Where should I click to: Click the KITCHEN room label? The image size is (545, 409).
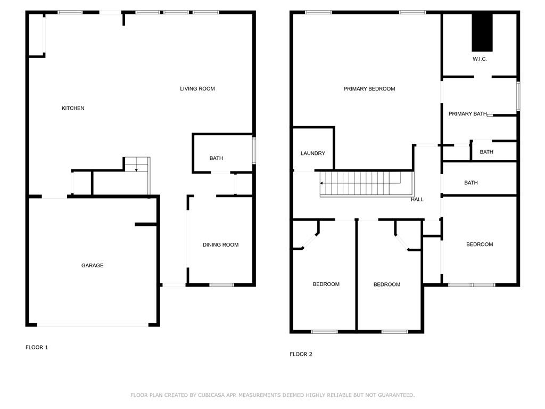pos(73,108)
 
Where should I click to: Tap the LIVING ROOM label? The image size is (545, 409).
pos(197,89)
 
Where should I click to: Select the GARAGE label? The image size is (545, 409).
pos(93,265)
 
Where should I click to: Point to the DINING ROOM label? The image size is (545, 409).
pos(221,245)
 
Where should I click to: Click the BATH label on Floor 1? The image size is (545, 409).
pos(216,158)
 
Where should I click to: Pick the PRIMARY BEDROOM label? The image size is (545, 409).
pos(369,89)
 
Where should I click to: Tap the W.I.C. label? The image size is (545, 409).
pos(480,59)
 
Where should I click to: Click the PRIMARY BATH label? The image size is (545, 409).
pos(468,114)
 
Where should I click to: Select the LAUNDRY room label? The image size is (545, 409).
pos(313,153)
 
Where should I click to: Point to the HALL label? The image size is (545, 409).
pos(417,199)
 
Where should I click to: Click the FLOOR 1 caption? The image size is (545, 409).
pos(37,347)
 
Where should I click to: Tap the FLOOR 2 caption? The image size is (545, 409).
pos(301,354)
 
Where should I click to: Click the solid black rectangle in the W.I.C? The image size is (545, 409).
pos(482,32)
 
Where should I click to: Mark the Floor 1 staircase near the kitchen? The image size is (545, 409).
pos(137,165)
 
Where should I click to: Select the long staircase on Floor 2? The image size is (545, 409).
pos(367,184)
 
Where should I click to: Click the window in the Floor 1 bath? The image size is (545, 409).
pos(254,151)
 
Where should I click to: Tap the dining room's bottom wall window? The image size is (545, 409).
pos(222,285)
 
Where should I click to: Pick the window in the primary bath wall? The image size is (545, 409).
pos(518,96)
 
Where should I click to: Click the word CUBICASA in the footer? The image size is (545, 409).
pos(212,395)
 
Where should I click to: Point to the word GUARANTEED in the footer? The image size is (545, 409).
pos(396,395)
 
